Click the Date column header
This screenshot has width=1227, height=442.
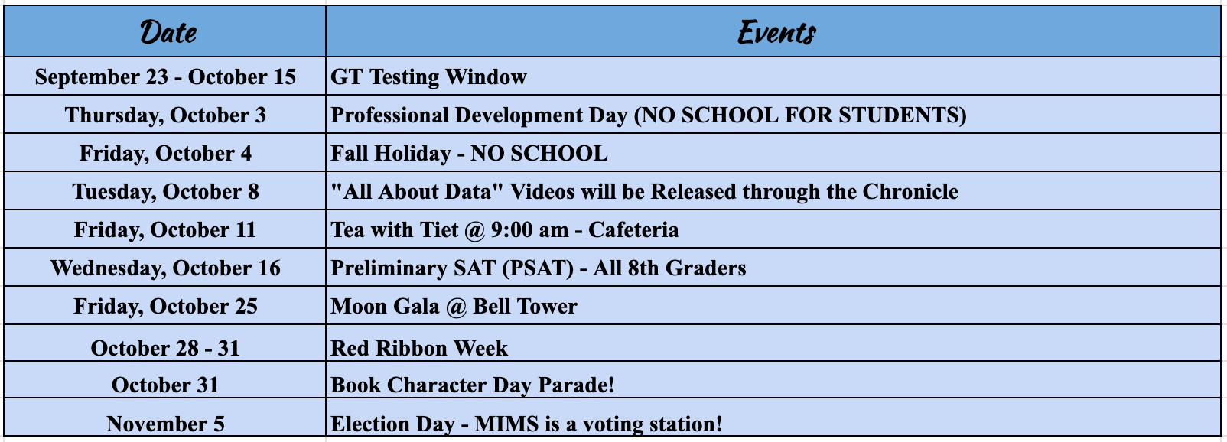point(168,32)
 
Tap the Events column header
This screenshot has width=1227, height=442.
point(776,32)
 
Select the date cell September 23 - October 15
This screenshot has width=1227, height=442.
point(165,76)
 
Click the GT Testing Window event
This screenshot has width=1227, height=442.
point(428,76)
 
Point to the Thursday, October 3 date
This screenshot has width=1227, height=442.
point(165,115)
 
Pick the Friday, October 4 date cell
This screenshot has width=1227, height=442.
point(165,154)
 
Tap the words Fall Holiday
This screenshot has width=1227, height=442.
point(391,154)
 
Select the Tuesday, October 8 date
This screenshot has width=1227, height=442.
point(165,192)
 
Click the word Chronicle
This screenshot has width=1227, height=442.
point(910,192)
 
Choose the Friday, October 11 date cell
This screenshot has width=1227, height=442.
point(165,229)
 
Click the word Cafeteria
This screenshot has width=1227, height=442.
point(633,230)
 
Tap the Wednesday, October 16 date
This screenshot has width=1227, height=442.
point(165,268)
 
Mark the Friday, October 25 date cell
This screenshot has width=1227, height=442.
point(165,306)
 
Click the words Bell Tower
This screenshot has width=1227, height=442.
point(525,306)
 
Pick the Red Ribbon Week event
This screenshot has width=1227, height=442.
point(419,349)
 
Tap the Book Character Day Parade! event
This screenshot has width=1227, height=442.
point(472,385)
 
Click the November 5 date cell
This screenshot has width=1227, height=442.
point(165,424)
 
